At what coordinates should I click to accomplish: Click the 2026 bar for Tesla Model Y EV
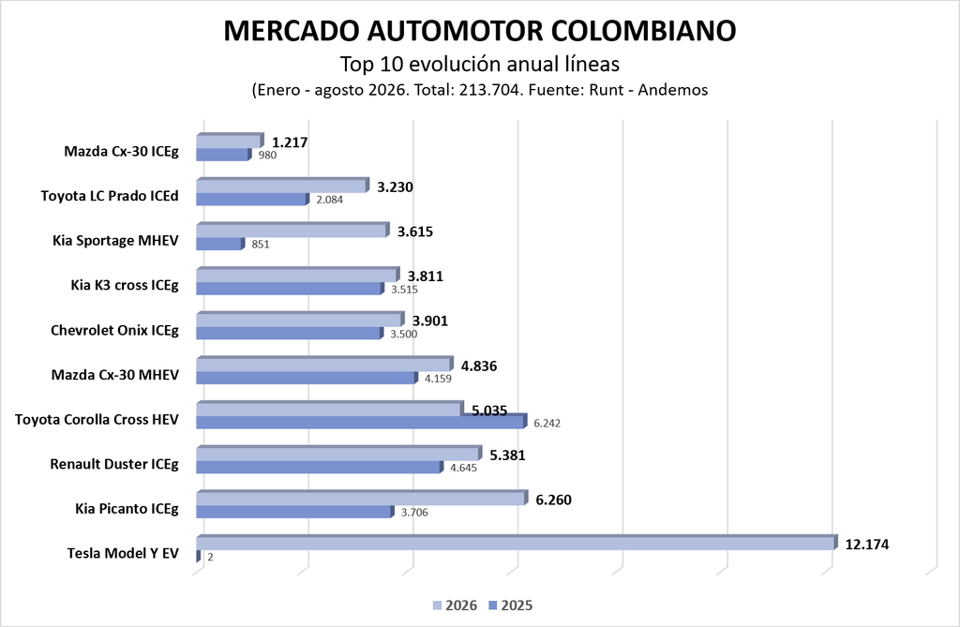(x=517, y=543)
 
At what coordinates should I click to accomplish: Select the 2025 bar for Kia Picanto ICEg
(x=294, y=512)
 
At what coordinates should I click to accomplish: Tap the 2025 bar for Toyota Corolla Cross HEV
(x=361, y=421)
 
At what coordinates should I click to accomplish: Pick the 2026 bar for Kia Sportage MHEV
(x=292, y=230)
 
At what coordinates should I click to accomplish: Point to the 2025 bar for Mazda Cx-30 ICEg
(x=223, y=155)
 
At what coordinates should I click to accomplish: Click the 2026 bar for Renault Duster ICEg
(x=339, y=453)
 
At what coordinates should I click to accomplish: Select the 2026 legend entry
(x=455, y=605)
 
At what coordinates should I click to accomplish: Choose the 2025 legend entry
(x=511, y=605)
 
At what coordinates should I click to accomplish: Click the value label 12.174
(x=867, y=545)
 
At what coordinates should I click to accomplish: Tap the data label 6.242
(x=547, y=423)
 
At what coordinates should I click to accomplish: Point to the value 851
(x=261, y=245)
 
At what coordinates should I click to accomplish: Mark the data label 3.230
(x=395, y=187)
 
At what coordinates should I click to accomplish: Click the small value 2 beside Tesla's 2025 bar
(x=210, y=558)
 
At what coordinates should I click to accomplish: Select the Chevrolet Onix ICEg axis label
(x=114, y=331)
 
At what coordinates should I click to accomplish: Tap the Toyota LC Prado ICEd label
(x=110, y=196)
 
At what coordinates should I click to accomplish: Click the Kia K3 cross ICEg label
(x=125, y=285)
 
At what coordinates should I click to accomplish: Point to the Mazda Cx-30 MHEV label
(x=115, y=375)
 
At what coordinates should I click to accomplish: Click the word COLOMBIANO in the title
(x=644, y=31)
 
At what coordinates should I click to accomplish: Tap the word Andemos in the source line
(x=673, y=90)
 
